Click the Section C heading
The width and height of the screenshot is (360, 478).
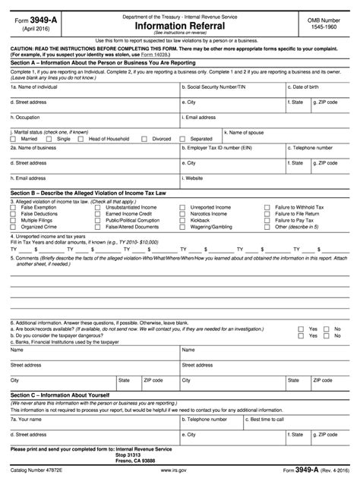(61, 395)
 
